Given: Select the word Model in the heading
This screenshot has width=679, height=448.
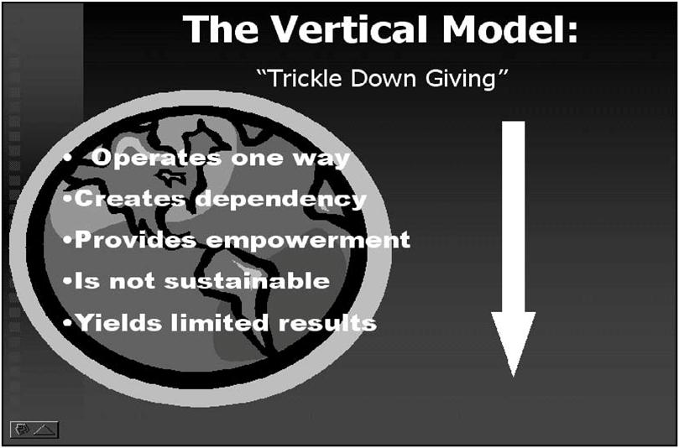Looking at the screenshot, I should (x=503, y=29).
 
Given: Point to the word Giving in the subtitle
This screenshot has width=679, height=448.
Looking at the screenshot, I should (x=471, y=79).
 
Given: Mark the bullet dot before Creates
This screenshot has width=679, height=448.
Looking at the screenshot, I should (x=68, y=201).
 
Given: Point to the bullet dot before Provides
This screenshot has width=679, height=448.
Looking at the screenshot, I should (x=68, y=241).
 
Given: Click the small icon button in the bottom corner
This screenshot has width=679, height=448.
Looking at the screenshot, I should (x=34, y=429).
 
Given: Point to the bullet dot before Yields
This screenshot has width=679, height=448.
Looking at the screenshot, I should (x=68, y=323).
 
